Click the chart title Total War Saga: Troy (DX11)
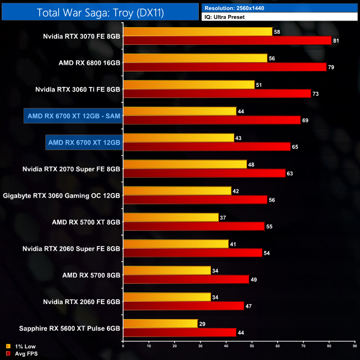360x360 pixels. click(100, 12)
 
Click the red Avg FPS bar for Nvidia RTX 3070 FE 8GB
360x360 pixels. click(227, 40)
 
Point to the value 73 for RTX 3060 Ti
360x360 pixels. click(316, 94)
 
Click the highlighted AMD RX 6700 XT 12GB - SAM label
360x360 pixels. click(74, 116)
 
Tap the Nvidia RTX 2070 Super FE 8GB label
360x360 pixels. click(71, 169)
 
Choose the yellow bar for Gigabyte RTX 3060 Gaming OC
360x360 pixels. click(177, 191)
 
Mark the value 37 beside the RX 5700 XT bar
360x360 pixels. click(223, 218)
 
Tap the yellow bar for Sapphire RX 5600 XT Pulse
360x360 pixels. click(160, 324)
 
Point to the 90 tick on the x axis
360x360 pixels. click(354, 346)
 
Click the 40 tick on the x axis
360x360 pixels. click(226, 346)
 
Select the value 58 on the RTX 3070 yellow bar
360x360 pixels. click(277, 32)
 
